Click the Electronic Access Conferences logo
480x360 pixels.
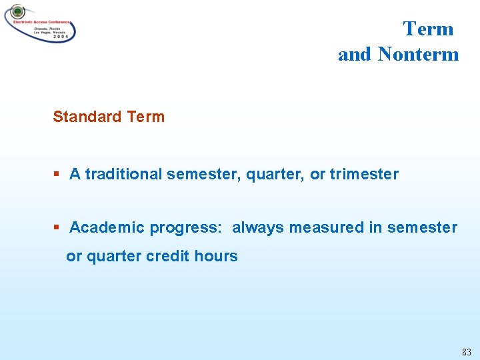(x=40, y=23)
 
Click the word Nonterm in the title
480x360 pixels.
(x=418, y=55)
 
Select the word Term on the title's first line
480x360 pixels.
(x=428, y=29)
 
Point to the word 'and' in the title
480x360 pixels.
(x=355, y=55)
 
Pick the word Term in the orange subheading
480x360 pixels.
(x=145, y=117)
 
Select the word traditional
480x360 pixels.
(x=123, y=175)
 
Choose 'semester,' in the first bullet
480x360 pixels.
(x=204, y=175)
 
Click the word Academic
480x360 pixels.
(x=107, y=228)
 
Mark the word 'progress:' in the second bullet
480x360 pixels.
(x=186, y=228)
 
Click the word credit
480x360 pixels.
(x=169, y=257)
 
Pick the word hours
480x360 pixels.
(x=216, y=257)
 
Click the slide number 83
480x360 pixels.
(x=465, y=351)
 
